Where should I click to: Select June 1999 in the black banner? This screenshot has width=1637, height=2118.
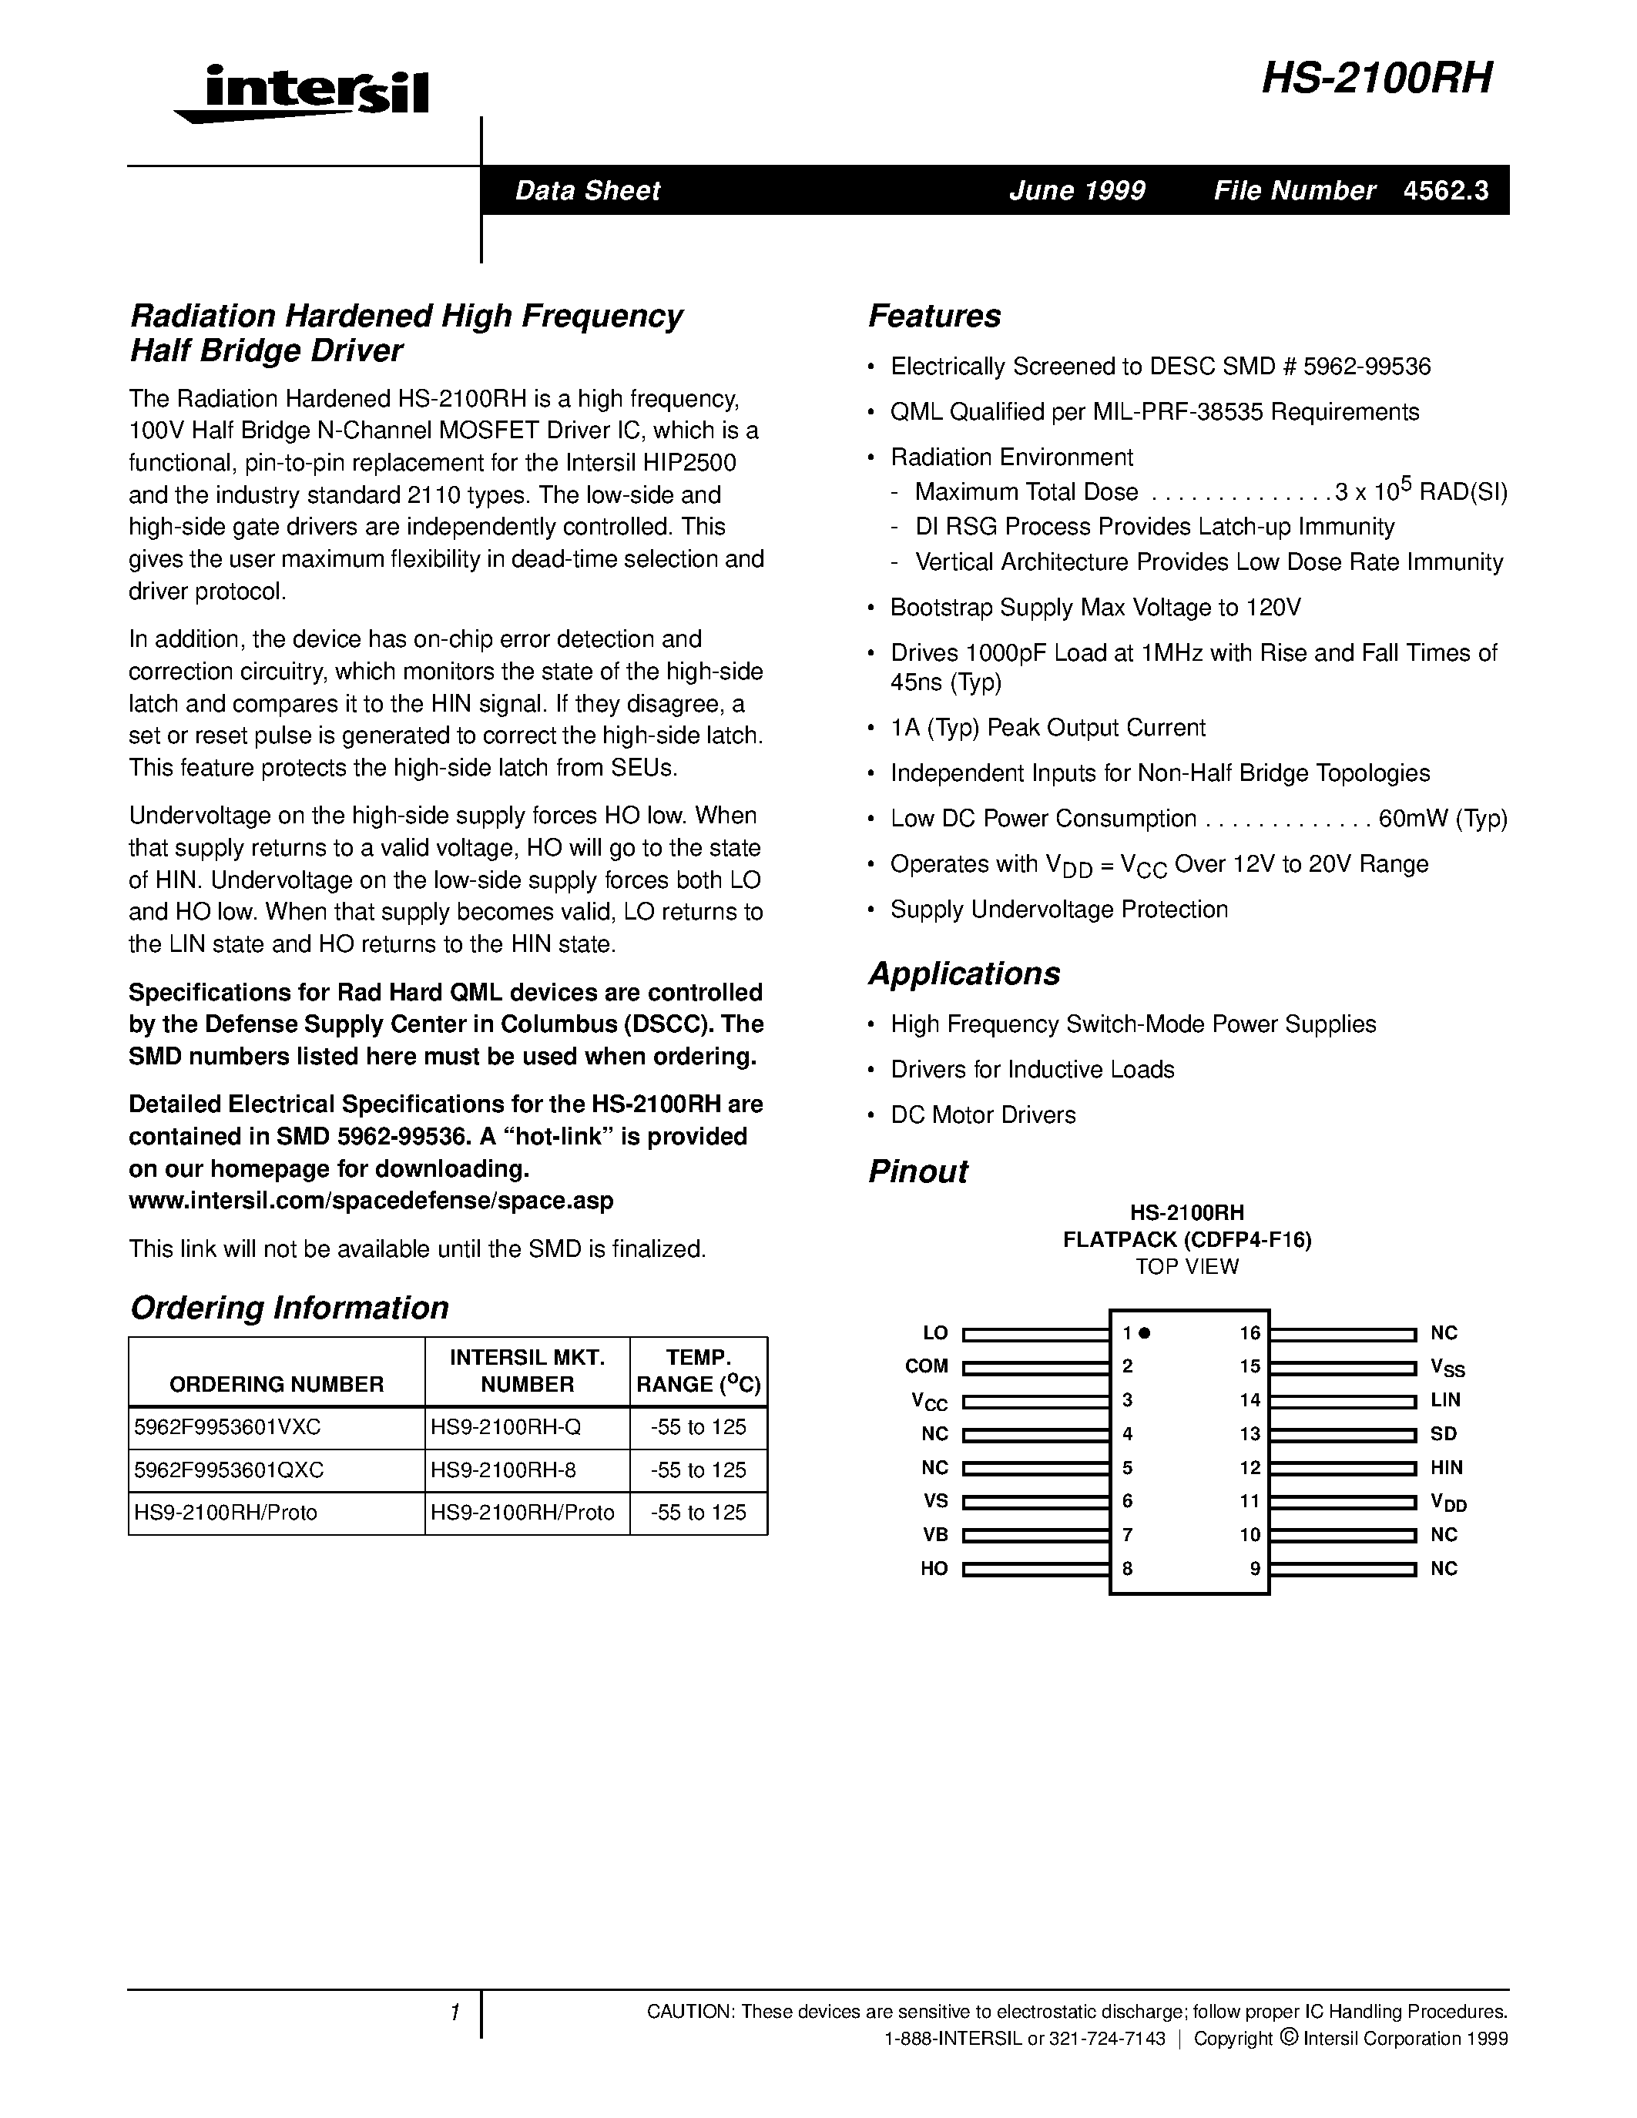[x=1076, y=190]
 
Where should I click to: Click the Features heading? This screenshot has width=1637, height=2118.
[x=934, y=316]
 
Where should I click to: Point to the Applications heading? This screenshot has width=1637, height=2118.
[x=964, y=974]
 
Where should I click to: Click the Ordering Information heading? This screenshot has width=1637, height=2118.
[x=289, y=1307]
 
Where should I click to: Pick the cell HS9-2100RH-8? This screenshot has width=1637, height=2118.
[x=503, y=1470]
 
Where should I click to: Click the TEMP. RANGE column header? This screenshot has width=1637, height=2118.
[x=698, y=1370]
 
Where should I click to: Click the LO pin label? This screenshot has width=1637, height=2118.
[x=935, y=1333]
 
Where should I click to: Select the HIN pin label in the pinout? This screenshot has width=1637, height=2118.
[x=1446, y=1467]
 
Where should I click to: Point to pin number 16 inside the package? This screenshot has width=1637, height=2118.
[x=1249, y=1333]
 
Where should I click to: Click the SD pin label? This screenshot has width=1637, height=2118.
[x=1443, y=1433]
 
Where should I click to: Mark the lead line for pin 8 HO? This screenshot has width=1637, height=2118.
[x=1035, y=1568]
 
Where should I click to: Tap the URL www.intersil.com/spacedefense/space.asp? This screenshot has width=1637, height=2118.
[x=371, y=1201]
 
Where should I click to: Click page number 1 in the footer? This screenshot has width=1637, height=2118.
[x=454, y=2014]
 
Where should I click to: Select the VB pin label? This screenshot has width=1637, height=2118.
[x=935, y=1534]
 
